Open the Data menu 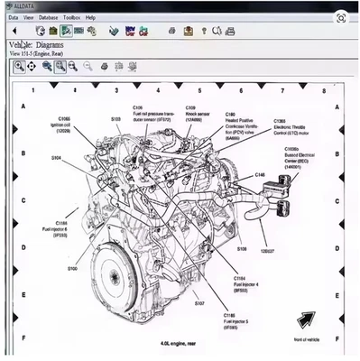click(14, 17)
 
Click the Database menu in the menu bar click(48, 17)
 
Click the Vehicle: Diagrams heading click(42, 43)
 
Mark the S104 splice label click(57, 157)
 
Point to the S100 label click(71, 269)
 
